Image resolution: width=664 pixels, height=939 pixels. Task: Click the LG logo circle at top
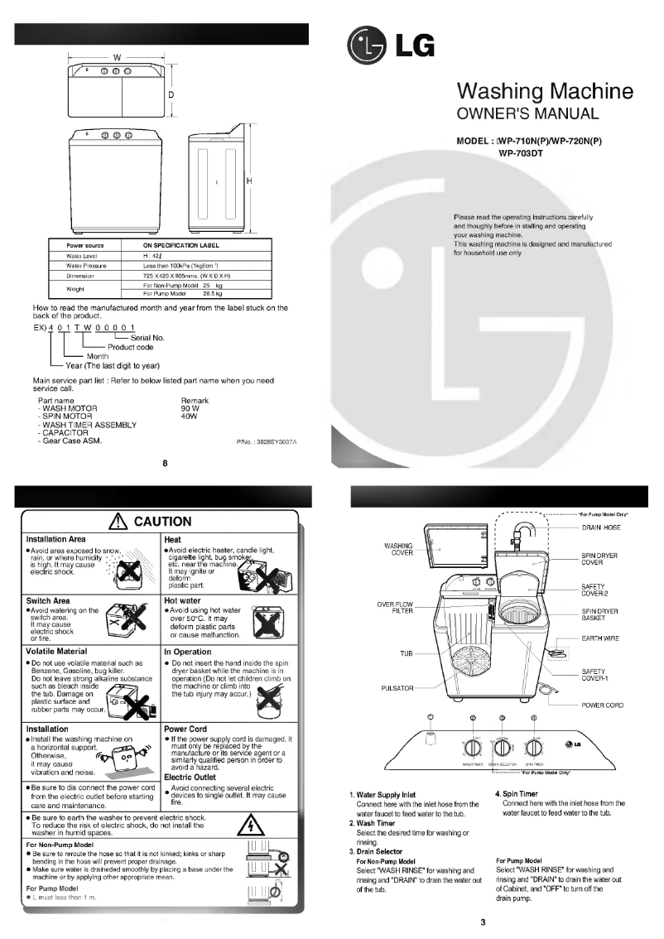point(363,46)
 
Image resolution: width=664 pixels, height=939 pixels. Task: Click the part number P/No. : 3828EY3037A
point(267,443)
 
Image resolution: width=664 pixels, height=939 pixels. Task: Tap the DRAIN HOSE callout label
point(603,527)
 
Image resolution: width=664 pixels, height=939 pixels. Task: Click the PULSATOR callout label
point(397,688)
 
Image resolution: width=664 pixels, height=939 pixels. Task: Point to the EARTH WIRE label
point(600,638)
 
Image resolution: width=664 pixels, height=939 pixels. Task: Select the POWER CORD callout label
point(602,705)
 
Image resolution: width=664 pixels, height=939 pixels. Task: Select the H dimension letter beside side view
point(248,181)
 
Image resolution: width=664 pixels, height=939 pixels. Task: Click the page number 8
point(165,463)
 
